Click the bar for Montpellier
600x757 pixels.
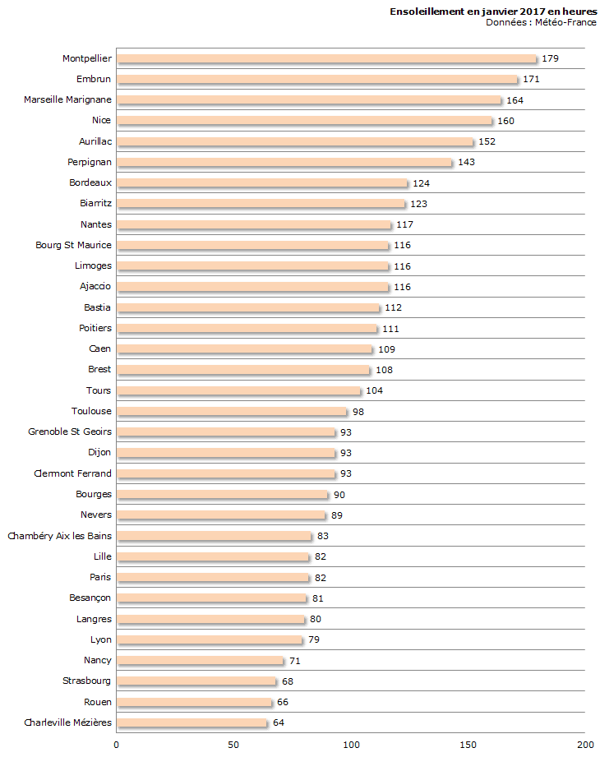pos(326,58)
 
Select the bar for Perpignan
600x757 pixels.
pos(284,162)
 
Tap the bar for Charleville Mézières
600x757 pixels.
pos(192,722)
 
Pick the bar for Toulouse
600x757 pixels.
pos(232,411)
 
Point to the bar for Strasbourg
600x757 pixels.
pos(196,681)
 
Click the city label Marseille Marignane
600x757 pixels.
pos(67,99)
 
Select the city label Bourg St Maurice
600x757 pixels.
pos(73,245)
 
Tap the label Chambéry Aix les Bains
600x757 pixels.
pos(59,536)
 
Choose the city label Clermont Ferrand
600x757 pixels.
pos(72,473)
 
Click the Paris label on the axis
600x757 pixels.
pos(100,577)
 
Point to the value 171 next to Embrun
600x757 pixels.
pos(532,80)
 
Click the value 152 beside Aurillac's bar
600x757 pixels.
pos(487,141)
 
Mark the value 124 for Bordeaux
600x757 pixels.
pos(422,183)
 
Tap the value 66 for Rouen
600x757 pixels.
pos(283,702)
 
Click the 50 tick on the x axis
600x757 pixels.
pos(233,745)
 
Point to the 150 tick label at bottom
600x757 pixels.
pos(468,745)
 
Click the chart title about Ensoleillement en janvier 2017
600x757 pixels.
pos(493,12)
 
